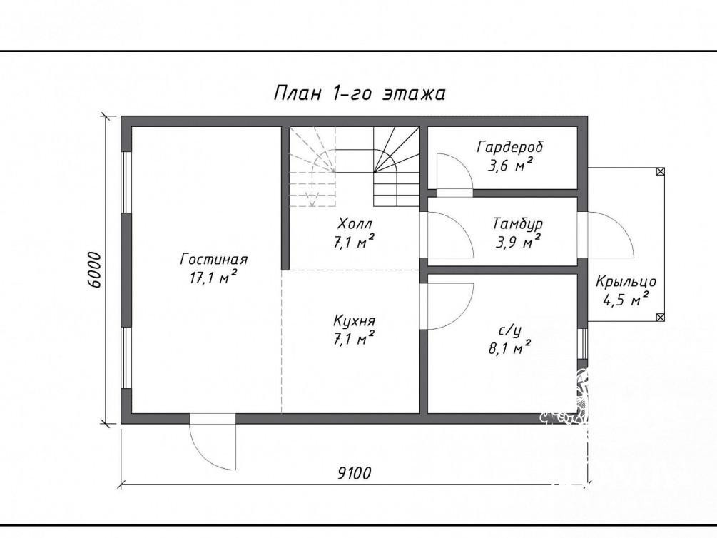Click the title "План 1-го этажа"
pos(360,93)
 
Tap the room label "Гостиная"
pos(213,260)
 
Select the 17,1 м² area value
pos(213,277)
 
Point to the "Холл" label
pos(355,224)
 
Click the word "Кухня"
pos(355,320)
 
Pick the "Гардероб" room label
pos(510,147)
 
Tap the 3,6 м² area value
pos(510,165)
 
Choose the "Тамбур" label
pos(518,224)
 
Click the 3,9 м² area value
pos(518,242)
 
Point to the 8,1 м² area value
pos(509,349)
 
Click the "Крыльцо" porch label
pos(626,282)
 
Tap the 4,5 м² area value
pos(626,300)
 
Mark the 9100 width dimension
pos(355,473)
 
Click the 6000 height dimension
pos(93,270)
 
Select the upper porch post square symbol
pos(660,171)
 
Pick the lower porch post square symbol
pos(660,317)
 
